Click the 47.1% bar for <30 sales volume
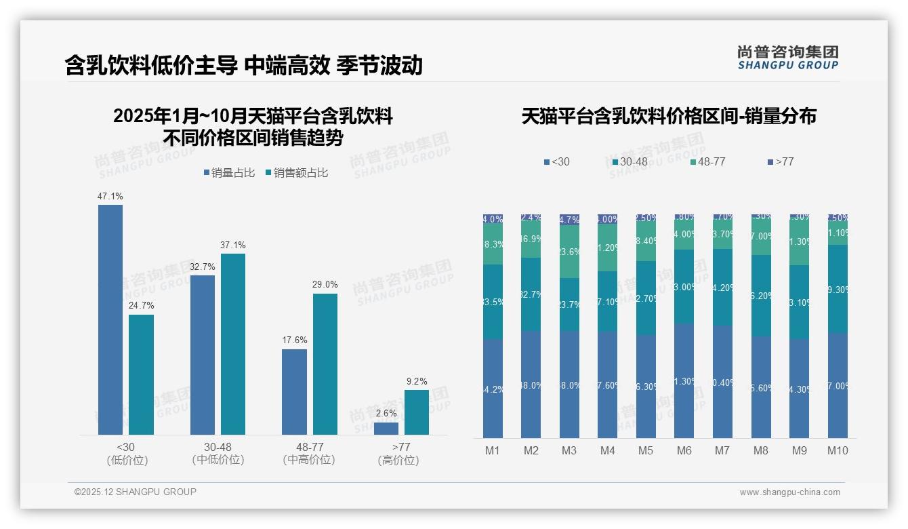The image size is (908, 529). click(110, 319)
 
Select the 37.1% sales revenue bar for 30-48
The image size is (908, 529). click(233, 344)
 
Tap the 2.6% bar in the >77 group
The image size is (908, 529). click(386, 429)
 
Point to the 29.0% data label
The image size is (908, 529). click(325, 285)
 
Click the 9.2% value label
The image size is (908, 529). click(417, 382)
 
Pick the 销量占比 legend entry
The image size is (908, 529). click(229, 173)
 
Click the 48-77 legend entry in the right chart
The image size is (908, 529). click(707, 162)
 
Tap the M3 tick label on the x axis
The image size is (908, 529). click(569, 450)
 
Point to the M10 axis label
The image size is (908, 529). click(838, 450)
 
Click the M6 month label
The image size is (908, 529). click(684, 450)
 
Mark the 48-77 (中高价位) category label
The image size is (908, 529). click(310, 454)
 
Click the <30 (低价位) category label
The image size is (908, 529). click(127, 454)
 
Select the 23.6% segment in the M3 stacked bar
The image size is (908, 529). click(569, 252)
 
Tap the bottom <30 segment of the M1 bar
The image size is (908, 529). click(493, 389)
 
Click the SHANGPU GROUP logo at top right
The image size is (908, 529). click(787, 58)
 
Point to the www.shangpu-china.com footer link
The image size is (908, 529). click(789, 492)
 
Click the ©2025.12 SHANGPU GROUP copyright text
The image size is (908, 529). click(136, 492)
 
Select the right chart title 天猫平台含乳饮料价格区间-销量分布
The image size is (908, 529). click(669, 116)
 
